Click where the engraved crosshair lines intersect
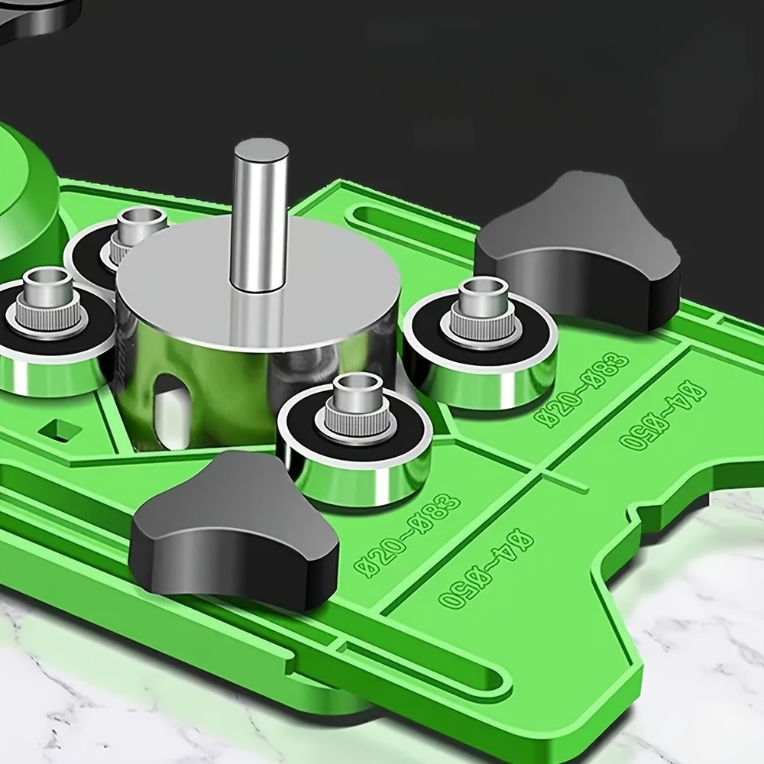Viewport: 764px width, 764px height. click(x=545, y=474)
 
